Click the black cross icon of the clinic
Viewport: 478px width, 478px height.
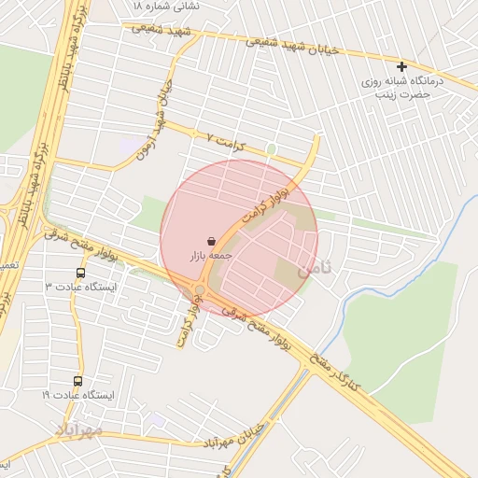coord(402,66)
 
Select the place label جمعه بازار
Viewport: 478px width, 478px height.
coord(209,255)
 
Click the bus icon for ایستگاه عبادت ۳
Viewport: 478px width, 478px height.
coord(80,274)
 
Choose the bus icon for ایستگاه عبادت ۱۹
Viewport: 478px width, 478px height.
coord(77,382)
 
